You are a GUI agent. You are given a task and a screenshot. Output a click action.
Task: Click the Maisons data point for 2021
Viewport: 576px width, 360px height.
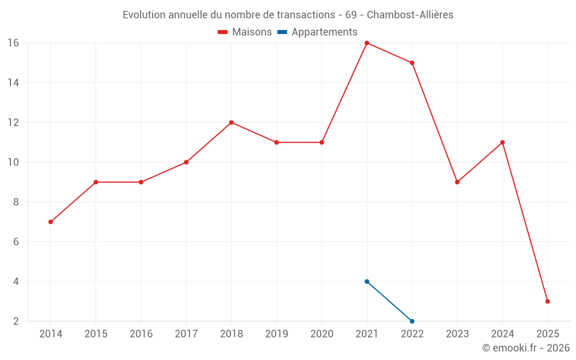pyautogui.click(x=367, y=43)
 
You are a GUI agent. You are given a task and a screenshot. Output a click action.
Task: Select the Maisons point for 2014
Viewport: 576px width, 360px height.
pyautogui.click(x=51, y=222)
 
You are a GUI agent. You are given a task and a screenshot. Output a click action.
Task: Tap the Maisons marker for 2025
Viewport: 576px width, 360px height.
pyautogui.click(x=547, y=301)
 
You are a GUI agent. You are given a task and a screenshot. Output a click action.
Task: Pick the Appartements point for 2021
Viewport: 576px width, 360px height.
pyautogui.click(x=367, y=282)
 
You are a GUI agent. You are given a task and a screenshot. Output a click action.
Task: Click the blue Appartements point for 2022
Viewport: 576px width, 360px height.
pyautogui.click(x=412, y=321)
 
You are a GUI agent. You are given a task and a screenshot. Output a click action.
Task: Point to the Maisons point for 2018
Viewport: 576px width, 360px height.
pyautogui.click(x=232, y=123)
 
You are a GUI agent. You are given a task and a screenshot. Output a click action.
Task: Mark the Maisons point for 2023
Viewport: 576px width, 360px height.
pyautogui.click(x=457, y=182)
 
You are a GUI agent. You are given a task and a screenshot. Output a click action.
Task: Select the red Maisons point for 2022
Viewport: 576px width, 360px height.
pyautogui.click(x=412, y=63)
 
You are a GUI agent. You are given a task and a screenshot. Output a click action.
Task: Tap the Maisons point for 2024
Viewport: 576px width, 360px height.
pyautogui.click(x=502, y=142)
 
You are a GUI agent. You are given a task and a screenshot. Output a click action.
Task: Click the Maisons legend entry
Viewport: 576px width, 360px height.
pyautogui.click(x=245, y=32)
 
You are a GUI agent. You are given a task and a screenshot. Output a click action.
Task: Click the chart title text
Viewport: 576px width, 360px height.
pyautogui.click(x=288, y=15)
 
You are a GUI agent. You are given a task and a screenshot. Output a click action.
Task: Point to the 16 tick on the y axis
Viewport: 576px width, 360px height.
pyautogui.click(x=13, y=43)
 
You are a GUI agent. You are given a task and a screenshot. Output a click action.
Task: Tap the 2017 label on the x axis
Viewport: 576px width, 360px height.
pyautogui.click(x=186, y=334)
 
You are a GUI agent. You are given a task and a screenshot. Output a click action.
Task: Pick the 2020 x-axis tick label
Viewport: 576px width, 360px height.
pyautogui.click(x=321, y=334)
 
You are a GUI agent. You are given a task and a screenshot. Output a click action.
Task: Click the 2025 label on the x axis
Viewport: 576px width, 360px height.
pyautogui.click(x=547, y=334)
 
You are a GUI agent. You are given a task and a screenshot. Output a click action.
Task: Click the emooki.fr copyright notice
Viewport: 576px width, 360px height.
pyautogui.click(x=525, y=348)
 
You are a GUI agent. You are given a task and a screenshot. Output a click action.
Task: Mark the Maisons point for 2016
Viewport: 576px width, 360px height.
pyautogui.click(x=141, y=182)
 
